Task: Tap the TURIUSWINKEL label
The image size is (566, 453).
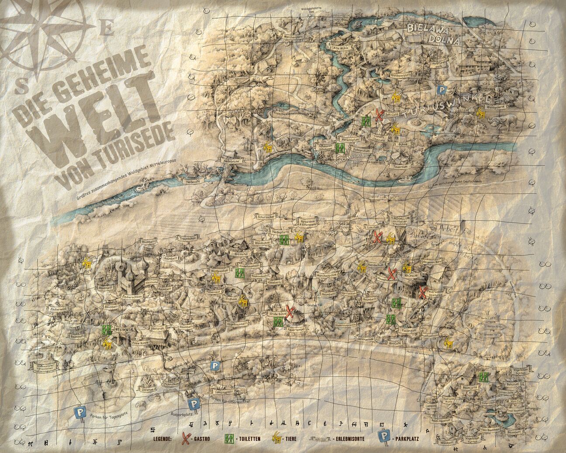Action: click(x=443, y=107)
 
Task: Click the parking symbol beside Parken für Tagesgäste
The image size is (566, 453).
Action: click(x=79, y=412)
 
